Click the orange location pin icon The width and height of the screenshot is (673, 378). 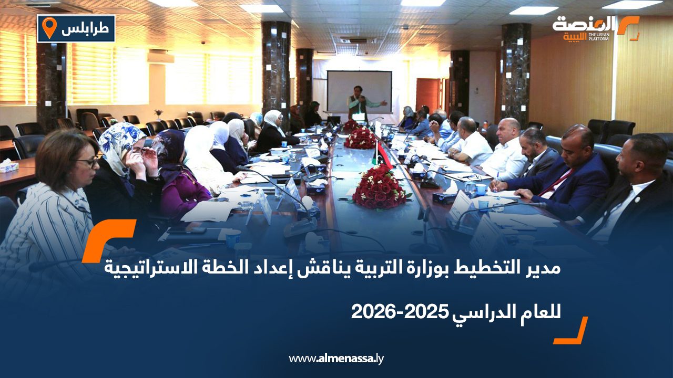49,27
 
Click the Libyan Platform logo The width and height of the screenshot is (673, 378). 595,28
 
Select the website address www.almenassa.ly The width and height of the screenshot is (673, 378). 336,359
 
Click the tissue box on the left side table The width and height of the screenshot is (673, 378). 9,167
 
